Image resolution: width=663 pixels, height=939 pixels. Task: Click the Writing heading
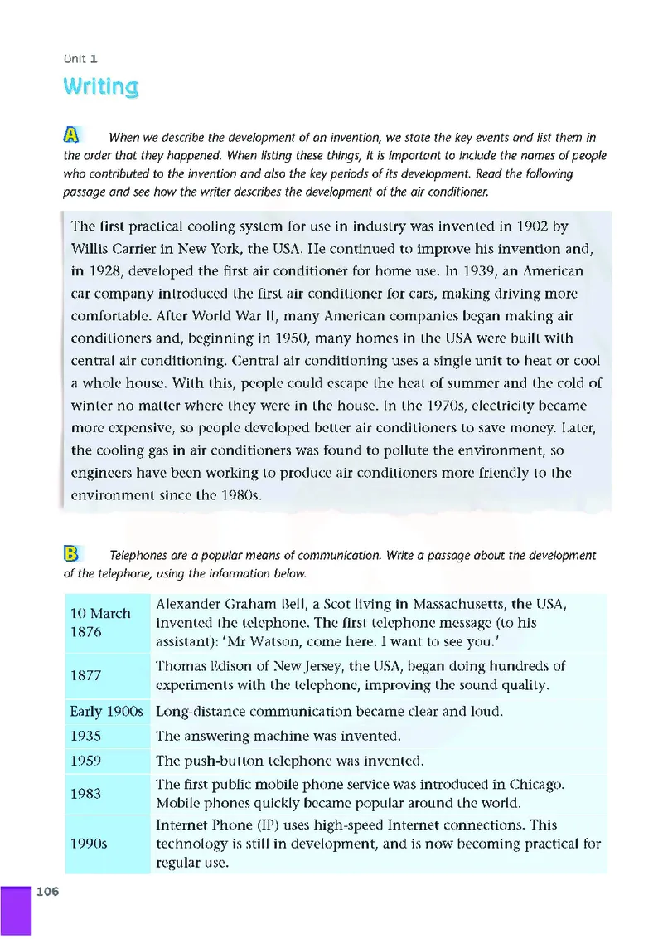(100, 86)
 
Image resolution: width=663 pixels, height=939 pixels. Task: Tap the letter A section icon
(73, 135)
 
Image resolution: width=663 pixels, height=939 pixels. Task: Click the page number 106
(47, 892)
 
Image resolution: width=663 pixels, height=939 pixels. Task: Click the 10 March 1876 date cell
(100, 622)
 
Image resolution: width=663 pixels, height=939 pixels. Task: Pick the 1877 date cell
(86, 675)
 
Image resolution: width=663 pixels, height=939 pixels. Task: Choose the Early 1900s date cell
(107, 711)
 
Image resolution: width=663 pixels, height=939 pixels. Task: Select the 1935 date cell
(86, 736)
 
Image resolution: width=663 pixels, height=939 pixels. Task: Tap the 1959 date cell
(86, 760)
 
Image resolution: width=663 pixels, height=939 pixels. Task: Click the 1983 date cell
(86, 793)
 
